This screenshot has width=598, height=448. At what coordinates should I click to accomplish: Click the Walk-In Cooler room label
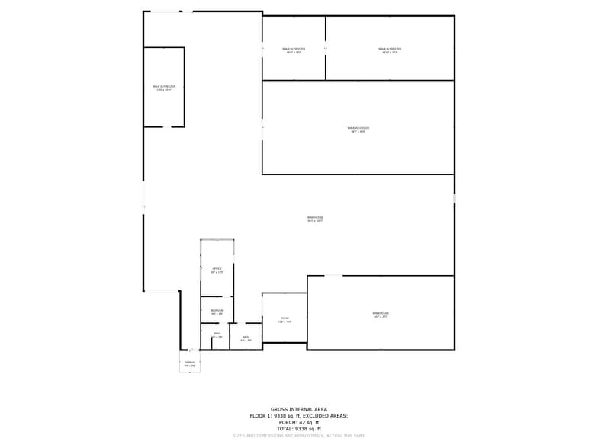[x=358, y=130]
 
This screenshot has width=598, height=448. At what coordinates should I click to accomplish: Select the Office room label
[x=217, y=270]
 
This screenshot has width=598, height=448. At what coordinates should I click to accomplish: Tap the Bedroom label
[x=217, y=312]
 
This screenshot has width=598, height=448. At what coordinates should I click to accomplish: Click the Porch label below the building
[x=190, y=363]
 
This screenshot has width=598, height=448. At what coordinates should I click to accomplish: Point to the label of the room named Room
[x=285, y=319]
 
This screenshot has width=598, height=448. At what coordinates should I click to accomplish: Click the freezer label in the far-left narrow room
[x=164, y=88]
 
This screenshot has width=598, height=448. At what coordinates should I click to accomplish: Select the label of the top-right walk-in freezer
[x=390, y=50]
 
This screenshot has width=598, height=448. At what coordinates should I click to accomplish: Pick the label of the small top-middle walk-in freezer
[x=294, y=50]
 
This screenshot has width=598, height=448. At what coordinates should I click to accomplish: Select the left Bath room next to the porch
[x=217, y=334]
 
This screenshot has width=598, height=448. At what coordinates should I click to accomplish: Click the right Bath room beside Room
[x=246, y=338]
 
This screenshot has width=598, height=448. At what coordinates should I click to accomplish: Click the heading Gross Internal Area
[x=298, y=409]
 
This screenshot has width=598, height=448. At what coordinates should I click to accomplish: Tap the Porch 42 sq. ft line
[x=298, y=422]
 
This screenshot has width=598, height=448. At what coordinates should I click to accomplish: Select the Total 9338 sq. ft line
[x=298, y=429]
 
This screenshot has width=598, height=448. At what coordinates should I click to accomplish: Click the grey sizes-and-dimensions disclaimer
[x=298, y=436]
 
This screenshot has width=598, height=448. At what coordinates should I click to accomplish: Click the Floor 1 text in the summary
[x=260, y=415]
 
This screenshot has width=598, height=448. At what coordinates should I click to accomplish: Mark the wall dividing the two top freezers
[x=326, y=47]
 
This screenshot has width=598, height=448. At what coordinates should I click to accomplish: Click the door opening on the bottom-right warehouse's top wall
[x=333, y=276]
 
